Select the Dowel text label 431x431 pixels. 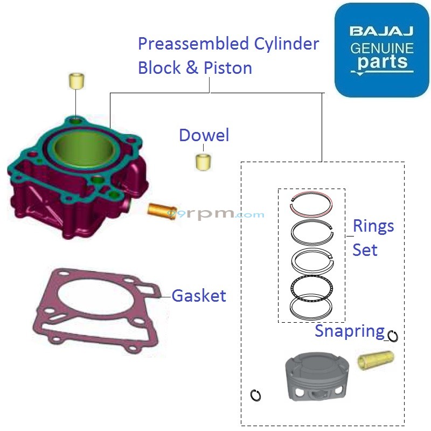[x=204, y=135]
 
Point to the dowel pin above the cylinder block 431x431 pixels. [x=76, y=81]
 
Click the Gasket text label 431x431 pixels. [x=199, y=295]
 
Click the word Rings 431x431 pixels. [x=373, y=226]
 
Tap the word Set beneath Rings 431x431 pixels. [x=365, y=250]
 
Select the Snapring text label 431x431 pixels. [x=350, y=330]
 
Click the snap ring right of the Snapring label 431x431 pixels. [x=393, y=336]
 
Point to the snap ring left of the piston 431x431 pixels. [x=256, y=395]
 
